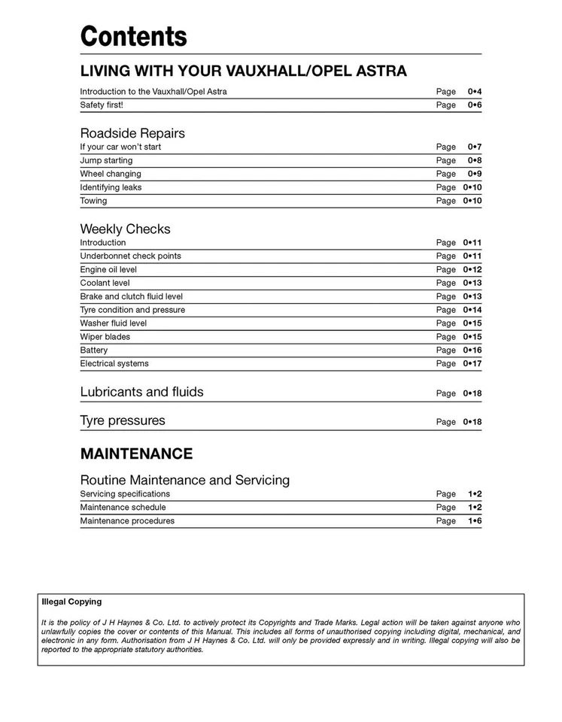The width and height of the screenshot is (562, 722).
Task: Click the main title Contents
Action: (x=133, y=36)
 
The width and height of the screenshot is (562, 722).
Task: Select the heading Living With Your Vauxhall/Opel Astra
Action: (x=243, y=71)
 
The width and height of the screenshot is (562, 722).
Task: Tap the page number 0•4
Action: (x=474, y=92)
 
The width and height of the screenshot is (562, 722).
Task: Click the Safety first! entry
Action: (x=102, y=105)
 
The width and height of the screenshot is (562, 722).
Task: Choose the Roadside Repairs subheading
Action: (x=132, y=133)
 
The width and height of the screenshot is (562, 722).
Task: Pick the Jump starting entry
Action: (x=106, y=160)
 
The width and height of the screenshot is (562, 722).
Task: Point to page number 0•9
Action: (x=474, y=174)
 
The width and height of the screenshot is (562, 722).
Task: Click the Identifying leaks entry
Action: (x=111, y=187)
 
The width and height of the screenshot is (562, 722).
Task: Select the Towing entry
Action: (x=93, y=201)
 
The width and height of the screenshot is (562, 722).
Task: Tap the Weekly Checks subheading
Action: (x=125, y=229)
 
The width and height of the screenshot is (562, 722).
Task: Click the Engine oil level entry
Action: (x=108, y=269)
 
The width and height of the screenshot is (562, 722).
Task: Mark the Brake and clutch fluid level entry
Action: (x=131, y=296)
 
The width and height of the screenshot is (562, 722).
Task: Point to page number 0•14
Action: (x=472, y=310)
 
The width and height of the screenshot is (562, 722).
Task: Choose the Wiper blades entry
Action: (x=105, y=337)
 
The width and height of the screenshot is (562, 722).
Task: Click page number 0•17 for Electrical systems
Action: (x=472, y=364)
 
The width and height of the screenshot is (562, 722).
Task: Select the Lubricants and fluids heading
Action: (x=141, y=392)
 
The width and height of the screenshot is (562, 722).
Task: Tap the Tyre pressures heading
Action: (x=123, y=420)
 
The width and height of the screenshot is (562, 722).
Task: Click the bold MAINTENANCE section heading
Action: (x=136, y=454)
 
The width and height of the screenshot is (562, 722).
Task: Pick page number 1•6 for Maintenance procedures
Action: (x=474, y=521)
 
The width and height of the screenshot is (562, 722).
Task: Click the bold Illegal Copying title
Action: (x=71, y=602)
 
